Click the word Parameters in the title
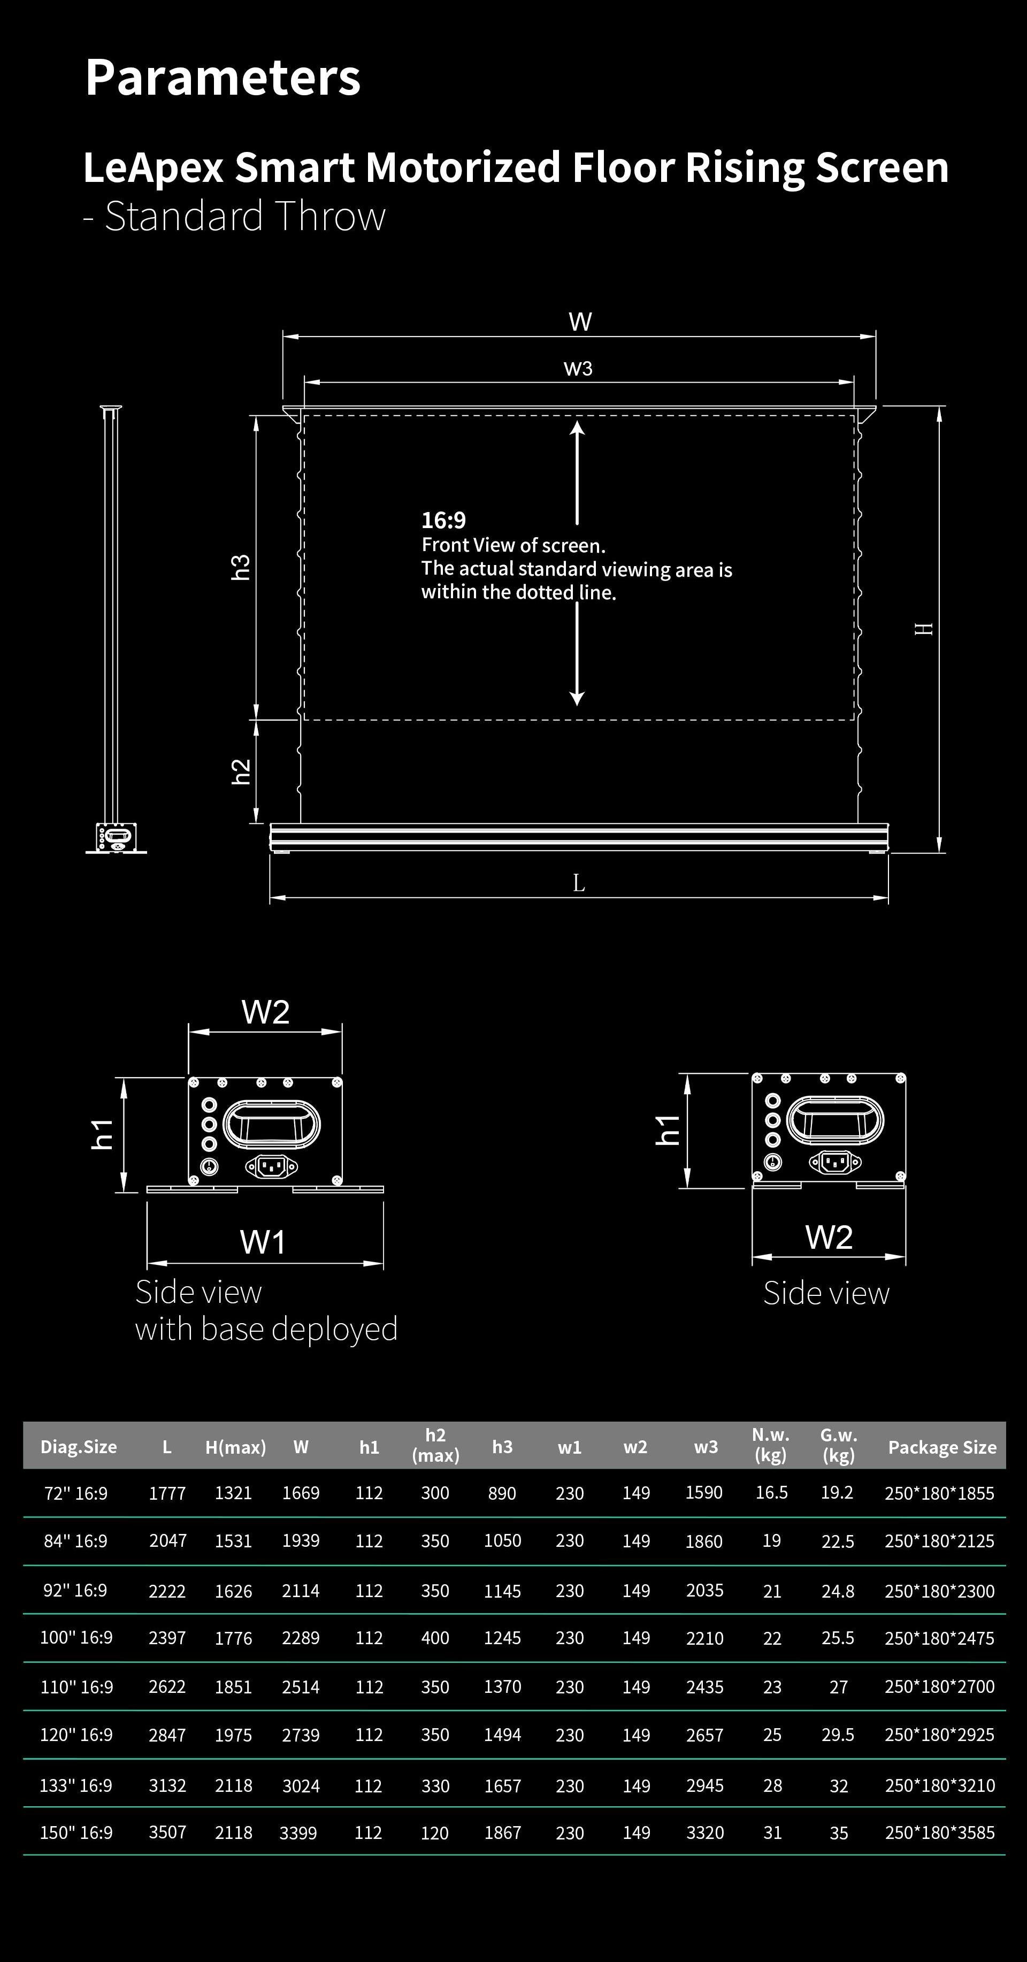pyautogui.click(x=223, y=78)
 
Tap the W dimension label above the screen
pyautogui.click(x=579, y=322)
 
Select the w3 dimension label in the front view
pyautogui.click(x=578, y=369)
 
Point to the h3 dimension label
pyautogui.click(x=241, y=568)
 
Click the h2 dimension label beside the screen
pyautogui.click(x=241, y=771)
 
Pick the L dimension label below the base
pyautogui.click(x=579, y=883)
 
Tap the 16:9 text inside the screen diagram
pyautogui.click(x=443, y=520)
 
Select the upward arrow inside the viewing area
pyautogui.click(x=577, y=472)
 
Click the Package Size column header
pyautogui.click(x=942, y=1447)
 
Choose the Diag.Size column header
pyautogui.click(x=79, y=1447)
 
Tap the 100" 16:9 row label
pyautogui.click(x=76, y=1638)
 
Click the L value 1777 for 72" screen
pyautogui.click(x=167, y=1494)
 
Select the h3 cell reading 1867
pyautogui.click(x=502, y=1833)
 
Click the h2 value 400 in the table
pyautogui.click(x=435, y=1638)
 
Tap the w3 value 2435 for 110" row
pyautogui.click(x=704, y=1687)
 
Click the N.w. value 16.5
pyautogui.click(x=771, y=1493)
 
